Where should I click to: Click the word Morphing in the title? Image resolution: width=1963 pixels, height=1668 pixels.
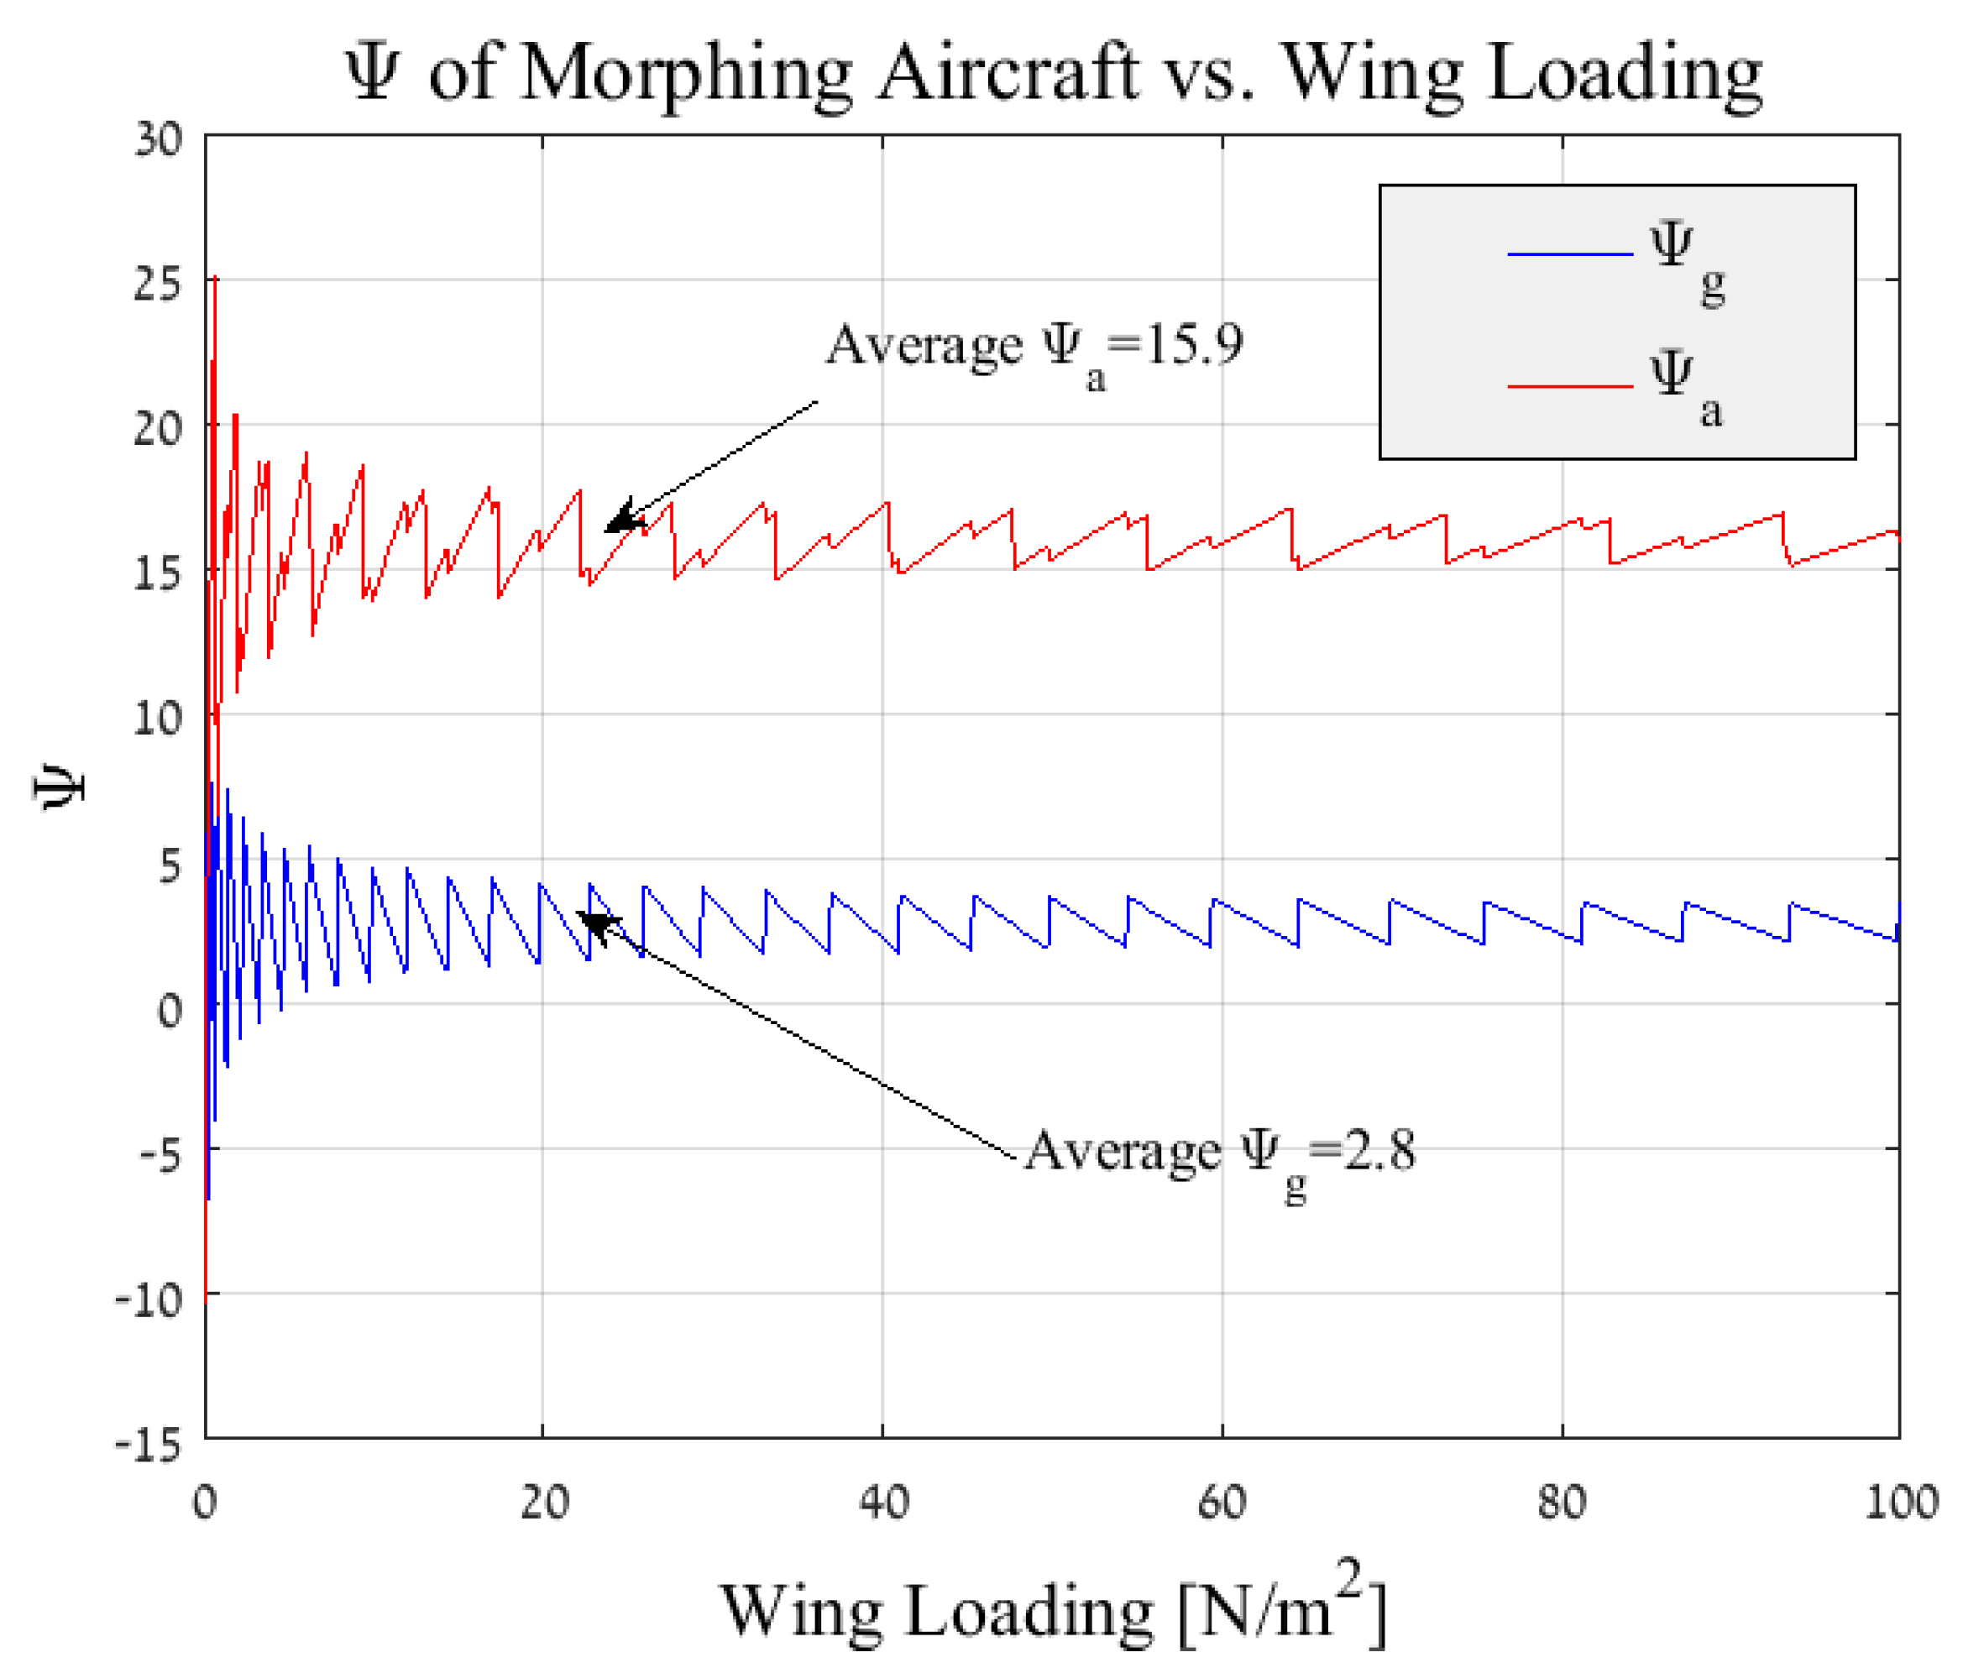684,74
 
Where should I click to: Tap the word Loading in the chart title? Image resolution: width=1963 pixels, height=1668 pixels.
1624,74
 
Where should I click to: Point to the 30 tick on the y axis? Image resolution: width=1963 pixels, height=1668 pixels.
157,139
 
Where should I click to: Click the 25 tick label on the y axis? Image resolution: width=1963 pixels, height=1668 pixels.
157,283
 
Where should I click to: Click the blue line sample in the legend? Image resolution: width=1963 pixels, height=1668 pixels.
1569,254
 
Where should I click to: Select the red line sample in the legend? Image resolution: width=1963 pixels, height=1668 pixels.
1569,386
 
